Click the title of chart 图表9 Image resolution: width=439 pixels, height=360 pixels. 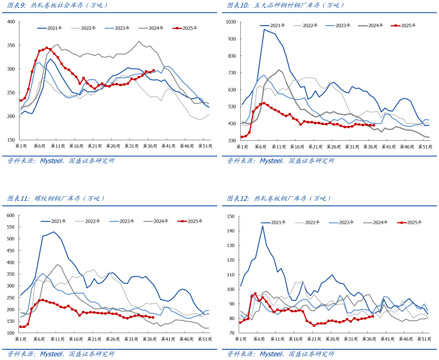58,5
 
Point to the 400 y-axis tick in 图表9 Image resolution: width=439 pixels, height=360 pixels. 11,21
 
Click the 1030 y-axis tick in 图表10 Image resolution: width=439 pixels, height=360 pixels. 230,21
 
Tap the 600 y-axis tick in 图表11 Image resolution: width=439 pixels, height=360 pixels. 10,215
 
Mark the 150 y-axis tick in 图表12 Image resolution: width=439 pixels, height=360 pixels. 230,216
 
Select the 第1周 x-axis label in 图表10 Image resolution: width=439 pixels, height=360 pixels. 241,146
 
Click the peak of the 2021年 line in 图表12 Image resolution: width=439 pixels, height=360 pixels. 263,226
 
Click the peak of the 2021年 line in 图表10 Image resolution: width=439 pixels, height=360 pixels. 265,29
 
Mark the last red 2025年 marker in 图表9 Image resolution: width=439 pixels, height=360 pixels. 153,71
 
